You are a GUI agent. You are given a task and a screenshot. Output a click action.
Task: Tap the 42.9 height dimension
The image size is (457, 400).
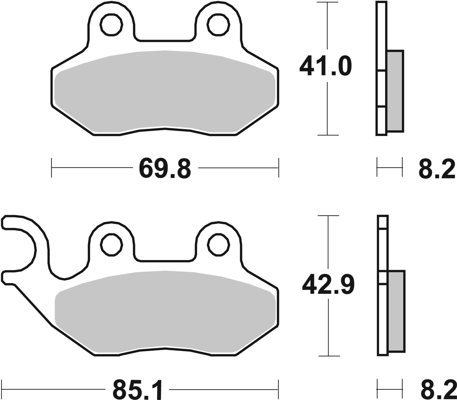tap(328, 285)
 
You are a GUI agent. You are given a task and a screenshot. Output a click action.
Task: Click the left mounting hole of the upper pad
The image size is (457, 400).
tap(112, 25)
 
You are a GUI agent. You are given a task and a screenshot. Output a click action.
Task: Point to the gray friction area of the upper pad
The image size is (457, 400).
tap(165, 91)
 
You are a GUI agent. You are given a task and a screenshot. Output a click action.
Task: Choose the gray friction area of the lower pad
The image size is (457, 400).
tap(165, 312)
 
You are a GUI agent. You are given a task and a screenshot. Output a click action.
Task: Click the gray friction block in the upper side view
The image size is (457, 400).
tap(395, 91)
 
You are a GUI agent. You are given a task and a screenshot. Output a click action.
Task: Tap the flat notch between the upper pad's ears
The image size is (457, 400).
tap(165, 41)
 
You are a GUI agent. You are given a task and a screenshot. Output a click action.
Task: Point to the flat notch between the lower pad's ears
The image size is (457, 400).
tap(165, 260)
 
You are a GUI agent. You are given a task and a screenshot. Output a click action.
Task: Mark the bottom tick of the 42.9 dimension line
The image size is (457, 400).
tap(328, 356)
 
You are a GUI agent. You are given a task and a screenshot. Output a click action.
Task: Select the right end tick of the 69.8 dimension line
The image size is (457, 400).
tap(279, 167)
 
